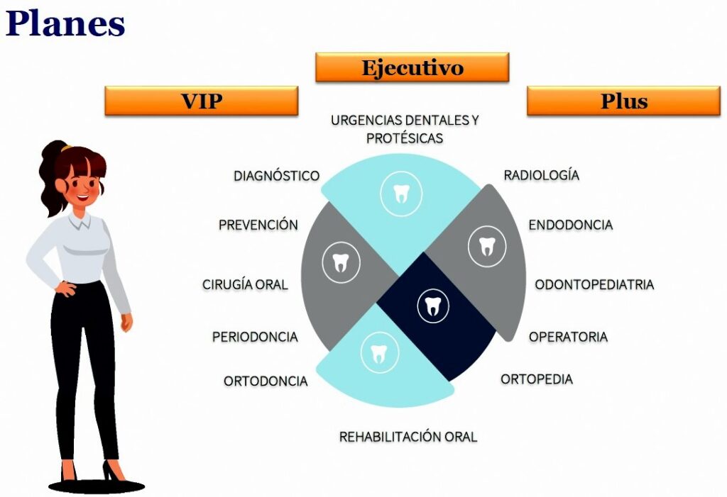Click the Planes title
pos(65,24)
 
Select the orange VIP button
pos(201,101)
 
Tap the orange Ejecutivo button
pos(412,67)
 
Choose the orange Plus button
pos(623,101)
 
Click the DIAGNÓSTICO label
pos(277,176)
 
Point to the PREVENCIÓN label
pos(258,225)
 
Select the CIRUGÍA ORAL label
pos(245,284)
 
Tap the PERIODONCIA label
pos(255,337)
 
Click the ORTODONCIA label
pos(266,381)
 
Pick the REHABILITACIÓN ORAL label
pos(408,437)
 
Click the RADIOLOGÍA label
pos(542,175)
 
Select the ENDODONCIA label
pos(571,225)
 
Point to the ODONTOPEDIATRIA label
pos(594,284)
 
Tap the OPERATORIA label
pos(569,337)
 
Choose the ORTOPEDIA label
pos(537,379)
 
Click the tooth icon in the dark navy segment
pos(433,306)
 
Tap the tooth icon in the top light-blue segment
pos(402,194)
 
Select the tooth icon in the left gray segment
pos(341,262)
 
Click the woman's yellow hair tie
pos(67,148)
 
